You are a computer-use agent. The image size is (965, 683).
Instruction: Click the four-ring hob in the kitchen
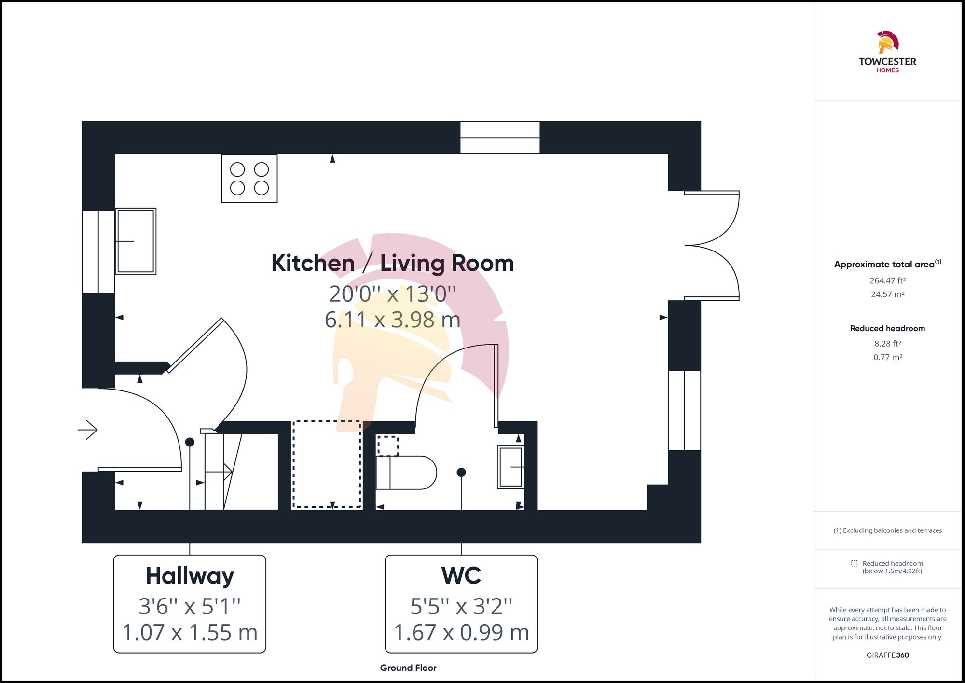click(x=249, y=179)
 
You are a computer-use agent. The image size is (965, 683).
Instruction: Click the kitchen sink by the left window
click(x=136, y=241)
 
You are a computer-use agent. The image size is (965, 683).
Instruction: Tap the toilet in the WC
click(x=406, y=473)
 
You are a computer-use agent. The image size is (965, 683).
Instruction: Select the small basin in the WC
click(x=510, y=467)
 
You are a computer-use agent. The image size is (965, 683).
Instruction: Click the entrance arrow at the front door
click(x=88, y=430)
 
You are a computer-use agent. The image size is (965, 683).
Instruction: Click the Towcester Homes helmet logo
click(x=887, y=42)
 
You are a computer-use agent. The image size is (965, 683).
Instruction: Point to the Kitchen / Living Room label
click(x=392, y=264)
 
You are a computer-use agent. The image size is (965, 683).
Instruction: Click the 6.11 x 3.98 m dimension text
click(x=392, y=320)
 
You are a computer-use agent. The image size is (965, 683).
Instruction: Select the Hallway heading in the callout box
click(x=190, y=576)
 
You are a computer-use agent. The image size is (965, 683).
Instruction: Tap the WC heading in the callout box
click(x=461, y=576)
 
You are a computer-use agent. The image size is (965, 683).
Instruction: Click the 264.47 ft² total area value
click(x=887, y=280)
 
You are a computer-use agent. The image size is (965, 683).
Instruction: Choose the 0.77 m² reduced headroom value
click(x=887, y=357)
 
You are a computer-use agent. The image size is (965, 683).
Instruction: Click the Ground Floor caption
click(x=408, y=668)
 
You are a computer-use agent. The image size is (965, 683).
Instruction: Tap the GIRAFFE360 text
click(x=887, y=655)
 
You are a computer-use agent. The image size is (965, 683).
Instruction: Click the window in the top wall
click(x=499, y=138)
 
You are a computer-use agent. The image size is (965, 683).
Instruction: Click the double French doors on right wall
click(x=712, y=246)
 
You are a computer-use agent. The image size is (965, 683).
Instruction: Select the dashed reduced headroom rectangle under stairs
click(x=327, y=464)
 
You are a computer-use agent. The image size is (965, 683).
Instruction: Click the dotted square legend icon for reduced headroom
click(x=854, y=563)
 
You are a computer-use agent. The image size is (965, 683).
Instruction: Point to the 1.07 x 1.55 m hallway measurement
click(x=190, y=632)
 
